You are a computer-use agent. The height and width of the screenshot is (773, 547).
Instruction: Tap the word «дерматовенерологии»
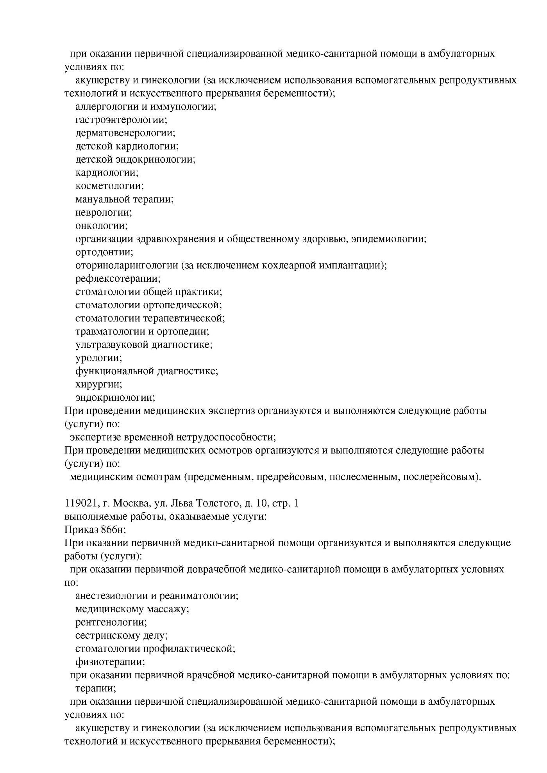124,133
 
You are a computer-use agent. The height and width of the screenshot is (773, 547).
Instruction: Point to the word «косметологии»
108,186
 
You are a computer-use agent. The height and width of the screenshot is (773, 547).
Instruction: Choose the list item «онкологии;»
102,226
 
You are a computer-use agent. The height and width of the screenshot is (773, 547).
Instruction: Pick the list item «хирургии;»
99,384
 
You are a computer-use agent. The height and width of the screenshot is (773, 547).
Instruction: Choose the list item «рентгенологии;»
111,622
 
